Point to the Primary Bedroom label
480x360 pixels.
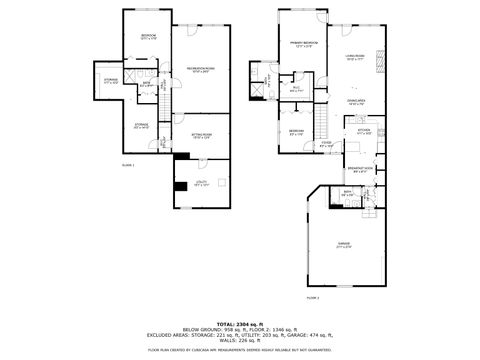304,45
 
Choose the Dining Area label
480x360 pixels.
355,101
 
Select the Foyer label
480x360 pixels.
326,143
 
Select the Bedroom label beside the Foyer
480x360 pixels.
297,134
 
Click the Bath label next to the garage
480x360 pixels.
346,193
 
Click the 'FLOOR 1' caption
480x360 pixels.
127,164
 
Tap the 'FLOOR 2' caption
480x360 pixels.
313,297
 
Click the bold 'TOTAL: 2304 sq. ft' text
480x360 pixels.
239,325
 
